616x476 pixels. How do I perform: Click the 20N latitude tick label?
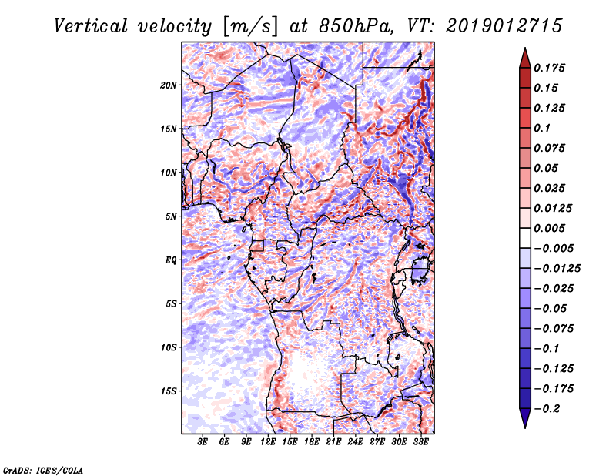pos(168,85)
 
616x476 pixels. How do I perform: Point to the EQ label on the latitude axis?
pos(170,260)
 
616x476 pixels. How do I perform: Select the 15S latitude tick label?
pos(168,391)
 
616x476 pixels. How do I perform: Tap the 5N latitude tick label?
pos(170,216)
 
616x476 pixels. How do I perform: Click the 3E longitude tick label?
pos(203,442)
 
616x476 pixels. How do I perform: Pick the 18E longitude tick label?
pos(312,442)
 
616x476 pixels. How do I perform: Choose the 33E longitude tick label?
pos(420,442)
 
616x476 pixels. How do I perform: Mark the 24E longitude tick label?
pos(355,442)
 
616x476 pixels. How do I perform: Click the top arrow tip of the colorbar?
pos(524,49)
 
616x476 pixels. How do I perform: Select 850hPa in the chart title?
pos(346,26)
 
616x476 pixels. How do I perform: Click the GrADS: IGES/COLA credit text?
pos(43,469)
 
